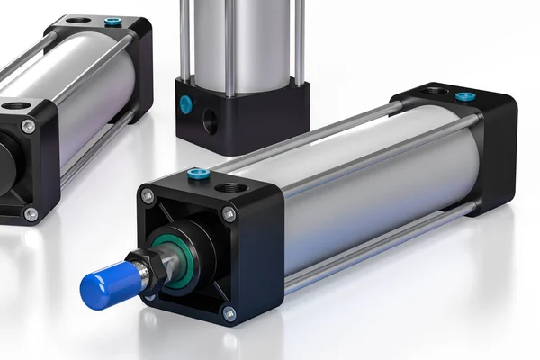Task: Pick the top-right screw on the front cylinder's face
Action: point(229,214)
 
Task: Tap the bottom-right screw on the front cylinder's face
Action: point(229,314)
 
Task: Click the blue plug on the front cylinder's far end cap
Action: point(464,96)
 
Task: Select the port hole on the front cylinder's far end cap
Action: point(430,90)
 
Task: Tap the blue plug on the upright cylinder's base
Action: point(185,104)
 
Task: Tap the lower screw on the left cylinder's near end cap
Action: point(31,214)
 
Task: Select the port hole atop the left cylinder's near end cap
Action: point(15,105)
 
